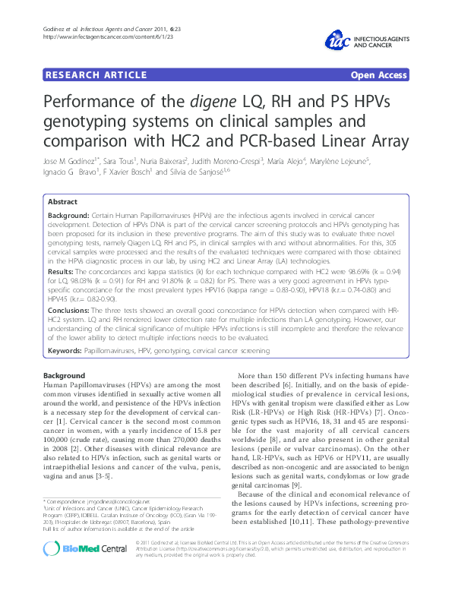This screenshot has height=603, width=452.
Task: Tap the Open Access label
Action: point(378,74)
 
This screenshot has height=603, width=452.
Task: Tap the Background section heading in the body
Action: point(65,376)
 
